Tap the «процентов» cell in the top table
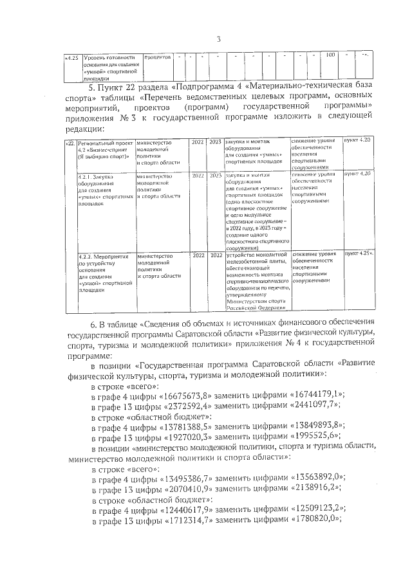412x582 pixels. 157,58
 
